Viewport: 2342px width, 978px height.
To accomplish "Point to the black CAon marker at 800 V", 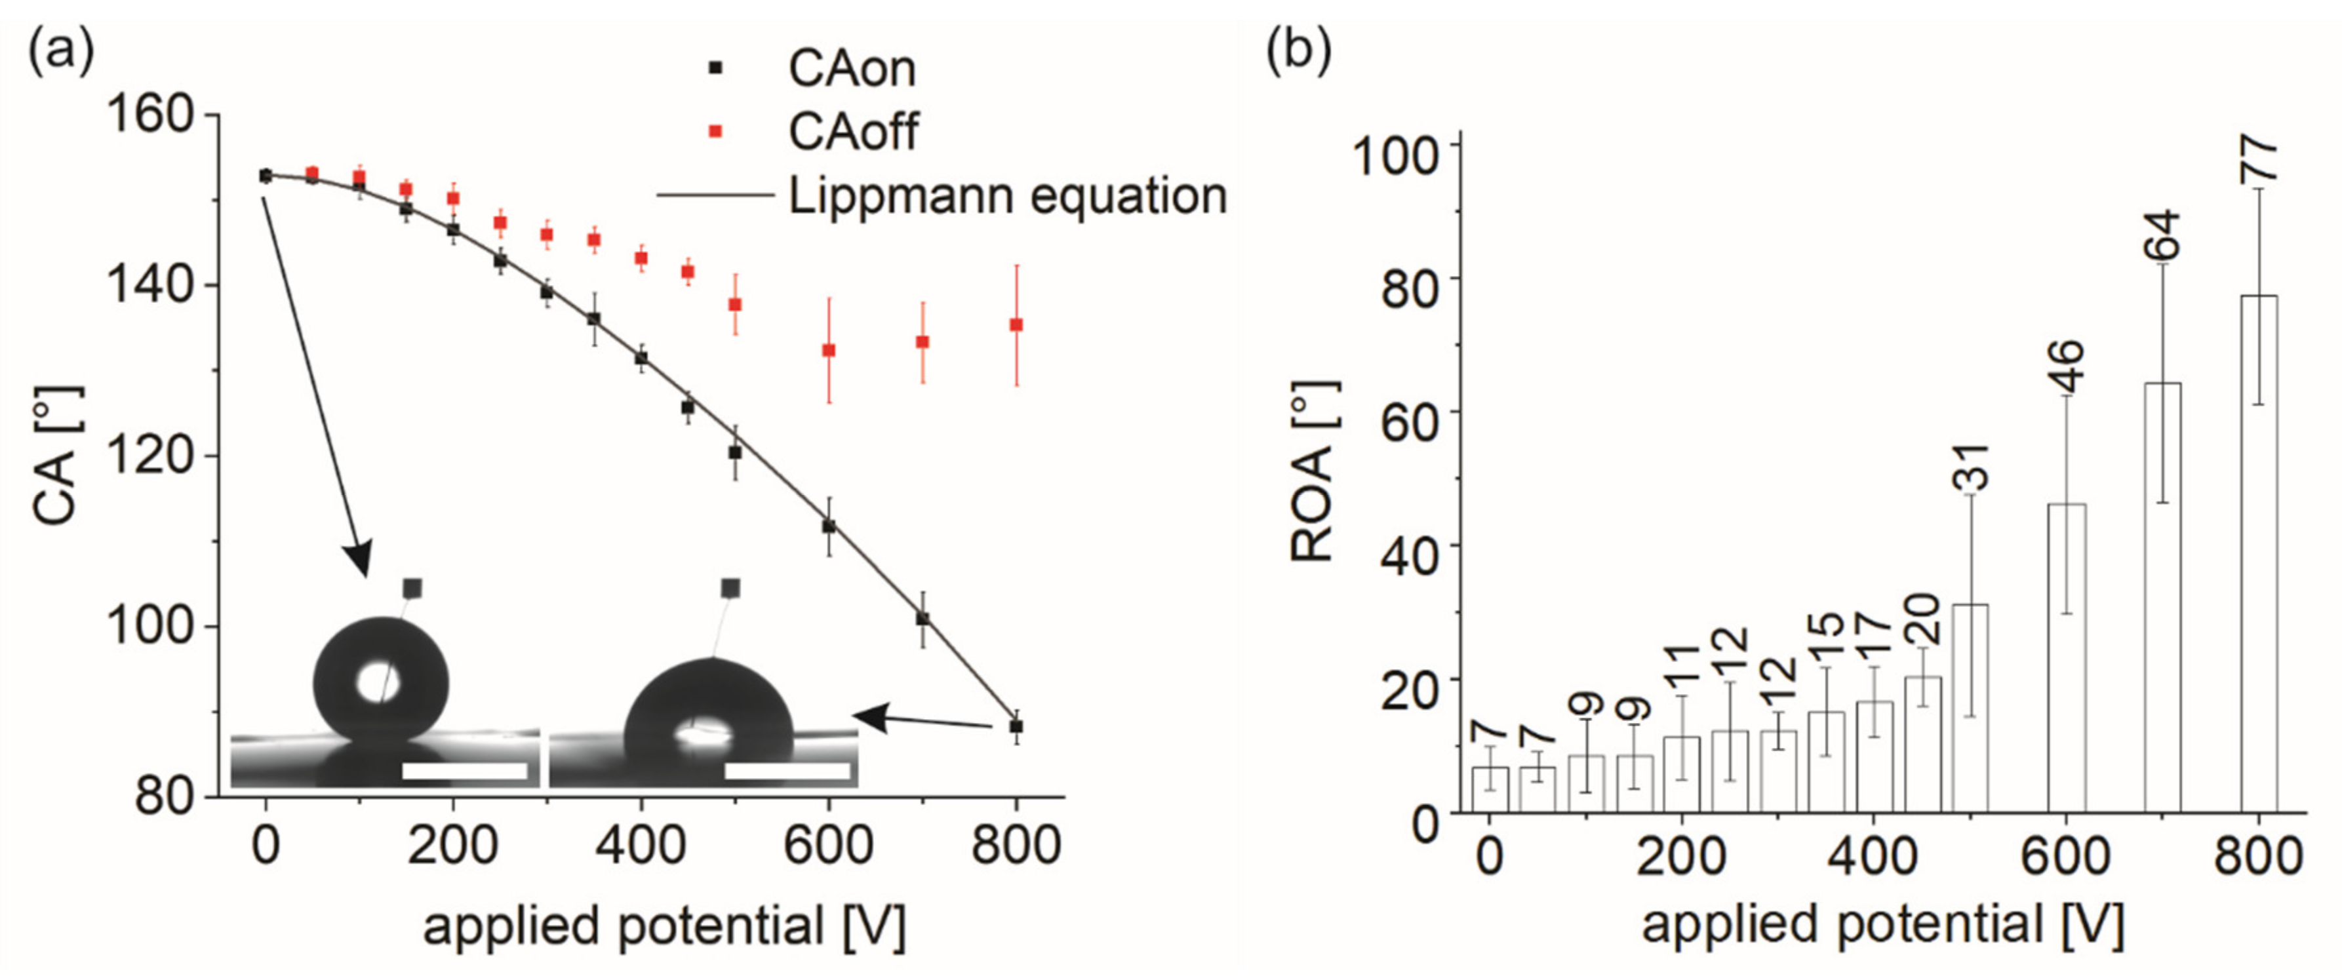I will pyautogui.click(x=1016, y=726).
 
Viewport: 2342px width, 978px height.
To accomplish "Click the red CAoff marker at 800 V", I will pyautogui.click(x=1016, y=324).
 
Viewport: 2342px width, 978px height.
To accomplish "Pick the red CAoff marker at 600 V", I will pyautogui.click(x=828, y=350).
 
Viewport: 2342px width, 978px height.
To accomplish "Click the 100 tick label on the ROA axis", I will pyautogui.click(x=1396, y=155).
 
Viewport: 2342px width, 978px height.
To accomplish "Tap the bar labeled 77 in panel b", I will pyautogui.click(x=2258, y=553).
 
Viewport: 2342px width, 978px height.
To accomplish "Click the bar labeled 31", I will pyautogui.click(x=1970, y=707).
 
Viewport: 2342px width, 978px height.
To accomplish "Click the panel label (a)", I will pyautogui.click(x=61, y=52).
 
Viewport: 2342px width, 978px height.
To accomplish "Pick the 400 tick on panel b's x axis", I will pyautogui.click(x=1874, y=856).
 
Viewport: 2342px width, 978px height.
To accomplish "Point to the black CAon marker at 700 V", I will pyautogui.click(x=922, y=618).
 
